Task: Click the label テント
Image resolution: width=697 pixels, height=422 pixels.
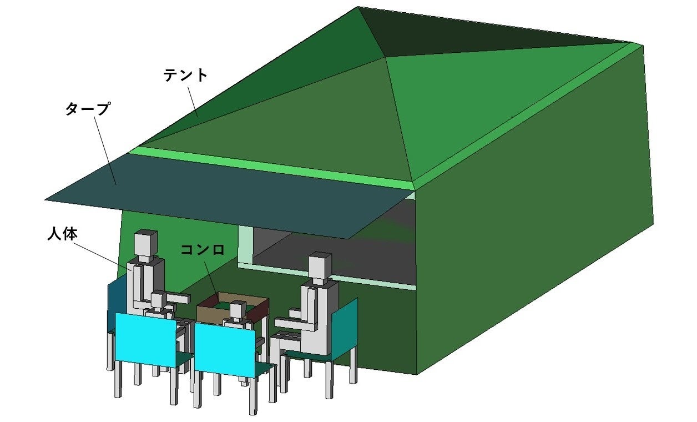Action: point(185,76)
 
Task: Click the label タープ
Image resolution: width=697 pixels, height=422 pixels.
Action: point(87,108)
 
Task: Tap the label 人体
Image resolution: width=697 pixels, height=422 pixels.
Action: point(62,234)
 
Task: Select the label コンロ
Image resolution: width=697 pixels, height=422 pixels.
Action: point(203,250)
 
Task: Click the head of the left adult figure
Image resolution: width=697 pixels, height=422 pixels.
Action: point(145,242)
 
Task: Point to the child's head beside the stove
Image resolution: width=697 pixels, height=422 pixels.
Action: point(239,309)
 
